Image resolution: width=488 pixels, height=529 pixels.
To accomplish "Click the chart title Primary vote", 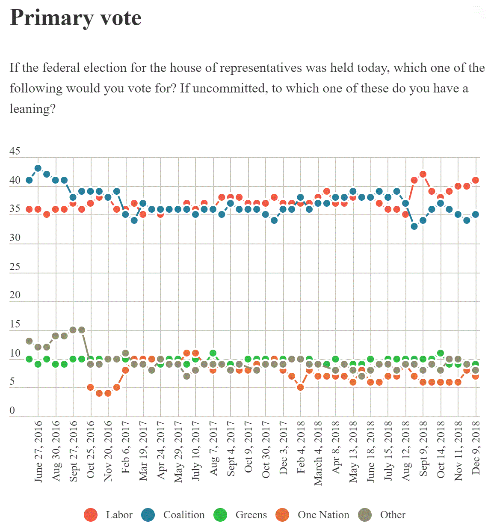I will tap(75, 18).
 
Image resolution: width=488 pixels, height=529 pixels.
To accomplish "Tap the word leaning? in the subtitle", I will tap(33, 109).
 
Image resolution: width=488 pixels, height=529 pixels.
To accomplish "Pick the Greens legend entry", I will tap(240, 515).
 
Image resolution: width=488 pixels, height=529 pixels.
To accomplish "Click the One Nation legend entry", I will tap(313, 515).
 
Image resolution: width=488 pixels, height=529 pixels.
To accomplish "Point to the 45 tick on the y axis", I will tap(15, 151).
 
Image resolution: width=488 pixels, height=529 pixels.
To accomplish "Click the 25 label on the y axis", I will tap(15, 267).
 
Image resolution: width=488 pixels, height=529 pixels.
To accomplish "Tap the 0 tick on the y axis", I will tap(12, 411).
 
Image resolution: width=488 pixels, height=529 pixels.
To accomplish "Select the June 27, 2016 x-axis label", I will tap(38, 452).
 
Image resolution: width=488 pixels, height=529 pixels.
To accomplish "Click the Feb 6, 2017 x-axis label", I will tap(126, 447).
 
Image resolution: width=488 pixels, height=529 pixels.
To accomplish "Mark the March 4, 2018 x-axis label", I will tap(318, 453).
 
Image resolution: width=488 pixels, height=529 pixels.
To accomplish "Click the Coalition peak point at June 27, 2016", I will tap(38, 168).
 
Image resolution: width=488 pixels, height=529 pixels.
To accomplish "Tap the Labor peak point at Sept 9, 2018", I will tap(423, 174).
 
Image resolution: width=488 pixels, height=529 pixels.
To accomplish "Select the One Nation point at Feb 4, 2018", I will tap(301, 387).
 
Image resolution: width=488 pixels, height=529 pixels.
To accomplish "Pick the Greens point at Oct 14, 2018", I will tap(441, 354).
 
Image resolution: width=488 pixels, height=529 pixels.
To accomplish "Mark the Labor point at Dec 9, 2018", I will tap(475, 180).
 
